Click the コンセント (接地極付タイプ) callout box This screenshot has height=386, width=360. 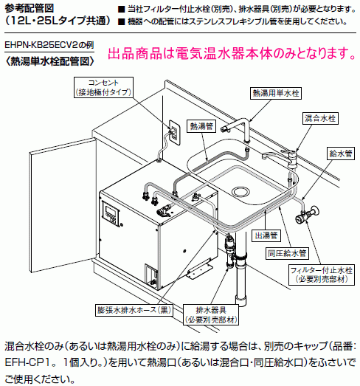(103, 87)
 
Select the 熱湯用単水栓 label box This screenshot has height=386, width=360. (276, 93)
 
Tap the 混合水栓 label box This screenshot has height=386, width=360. (320, 118)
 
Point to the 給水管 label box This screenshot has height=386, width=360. (341, 154)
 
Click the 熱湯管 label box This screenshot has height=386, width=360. (201, 126)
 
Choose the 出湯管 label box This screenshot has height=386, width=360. (266, 235)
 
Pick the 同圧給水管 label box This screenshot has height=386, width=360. (287, 253)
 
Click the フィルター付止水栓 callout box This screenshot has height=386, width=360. (322, 275)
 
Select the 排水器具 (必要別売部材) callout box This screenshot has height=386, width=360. (211, 314)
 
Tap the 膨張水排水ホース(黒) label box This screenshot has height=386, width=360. (134, 310)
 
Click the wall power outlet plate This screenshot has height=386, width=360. (174, 133)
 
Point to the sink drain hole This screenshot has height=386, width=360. (241, 191)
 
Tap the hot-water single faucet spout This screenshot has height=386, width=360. (236, 128)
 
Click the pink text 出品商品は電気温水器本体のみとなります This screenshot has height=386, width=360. (232, 53)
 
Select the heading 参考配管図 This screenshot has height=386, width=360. (29, 9)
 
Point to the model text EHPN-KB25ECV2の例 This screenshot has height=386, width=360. (49, 45)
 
